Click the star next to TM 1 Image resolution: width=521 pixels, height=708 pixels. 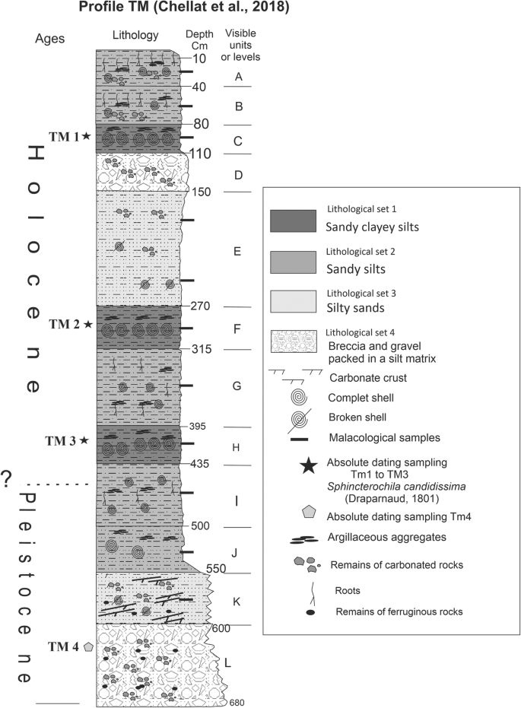(87, 136)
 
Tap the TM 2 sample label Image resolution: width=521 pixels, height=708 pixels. (64, 325)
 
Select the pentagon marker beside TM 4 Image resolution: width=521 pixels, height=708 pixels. (89, 646)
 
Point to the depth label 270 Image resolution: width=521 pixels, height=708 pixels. (197, 306)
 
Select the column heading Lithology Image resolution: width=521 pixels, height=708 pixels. (135, 35)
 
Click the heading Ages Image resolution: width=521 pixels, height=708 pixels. (50, 39)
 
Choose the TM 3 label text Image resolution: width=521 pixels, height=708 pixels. (61, 440)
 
